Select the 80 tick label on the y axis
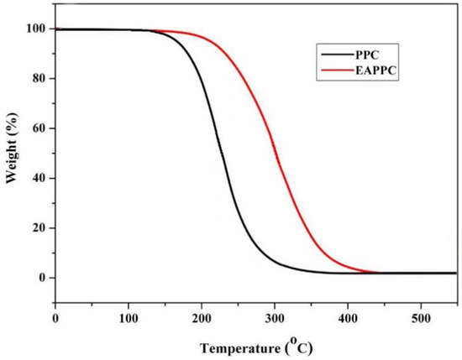tap(38, 79)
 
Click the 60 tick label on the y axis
tap(38, 128)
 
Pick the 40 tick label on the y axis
tap(38, 178)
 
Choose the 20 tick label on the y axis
tap(38, 228)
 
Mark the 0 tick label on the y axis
tap(41, 278)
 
